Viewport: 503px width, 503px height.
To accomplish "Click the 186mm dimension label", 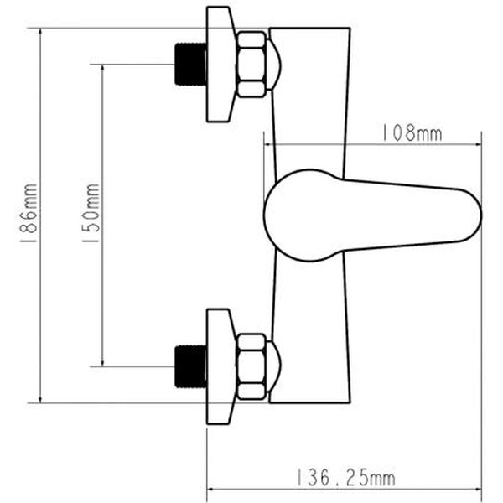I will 29,215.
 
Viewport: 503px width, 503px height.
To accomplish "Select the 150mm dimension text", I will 91,214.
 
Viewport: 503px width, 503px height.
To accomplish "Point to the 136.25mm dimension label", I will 345,479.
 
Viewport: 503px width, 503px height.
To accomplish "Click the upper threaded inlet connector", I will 190,64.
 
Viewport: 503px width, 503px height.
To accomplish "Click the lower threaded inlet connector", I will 190,366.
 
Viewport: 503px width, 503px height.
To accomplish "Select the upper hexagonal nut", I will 251,64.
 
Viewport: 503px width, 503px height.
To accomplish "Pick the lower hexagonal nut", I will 251,366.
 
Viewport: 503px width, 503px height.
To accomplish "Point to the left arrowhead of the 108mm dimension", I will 269,143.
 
